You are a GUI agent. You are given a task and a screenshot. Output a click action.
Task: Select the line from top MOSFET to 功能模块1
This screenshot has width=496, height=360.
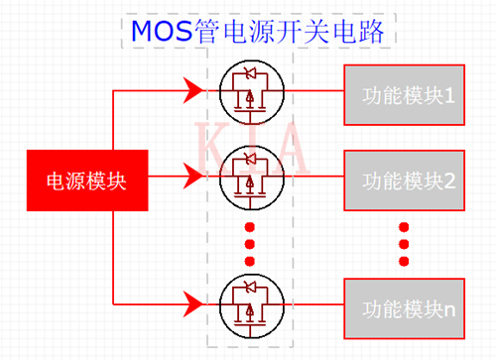point(315,94)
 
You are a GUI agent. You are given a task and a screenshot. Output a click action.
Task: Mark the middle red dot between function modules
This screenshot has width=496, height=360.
point(405,244)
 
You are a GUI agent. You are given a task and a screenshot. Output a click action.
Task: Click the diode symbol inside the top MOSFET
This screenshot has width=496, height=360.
point(250,74)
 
